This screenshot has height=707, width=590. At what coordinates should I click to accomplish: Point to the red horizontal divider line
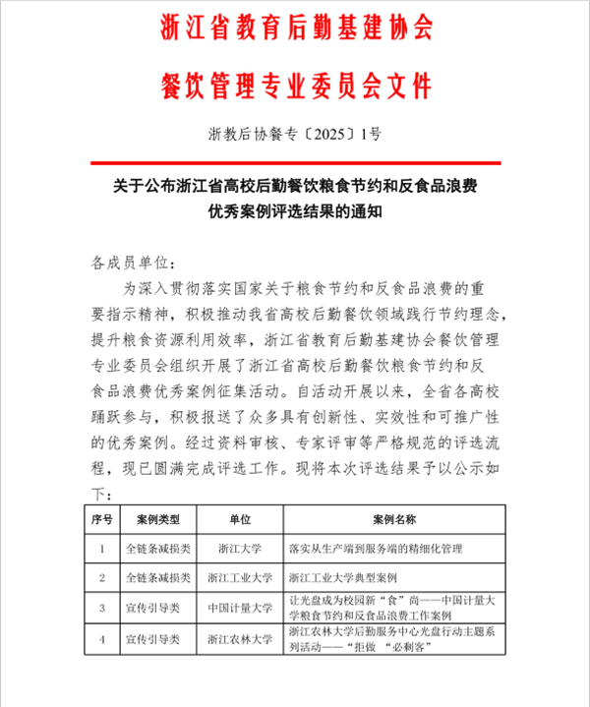295,162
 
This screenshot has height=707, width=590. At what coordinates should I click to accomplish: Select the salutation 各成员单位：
135,265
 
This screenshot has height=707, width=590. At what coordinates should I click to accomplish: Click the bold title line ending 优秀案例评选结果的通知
295,209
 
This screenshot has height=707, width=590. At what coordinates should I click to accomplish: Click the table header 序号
102,518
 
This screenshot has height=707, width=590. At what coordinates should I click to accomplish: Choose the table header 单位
240,518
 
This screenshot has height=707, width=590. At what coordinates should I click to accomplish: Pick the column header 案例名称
394,518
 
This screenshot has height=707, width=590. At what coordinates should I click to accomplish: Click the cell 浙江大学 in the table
240,548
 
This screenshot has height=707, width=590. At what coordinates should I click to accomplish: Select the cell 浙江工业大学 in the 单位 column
240,578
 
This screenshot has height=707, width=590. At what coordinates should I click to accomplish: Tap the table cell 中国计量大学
240,609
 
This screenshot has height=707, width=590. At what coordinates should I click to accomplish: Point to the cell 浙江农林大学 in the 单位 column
240,639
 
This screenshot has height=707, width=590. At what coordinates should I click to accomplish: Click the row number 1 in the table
102,548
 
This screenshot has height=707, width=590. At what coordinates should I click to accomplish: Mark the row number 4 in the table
102,639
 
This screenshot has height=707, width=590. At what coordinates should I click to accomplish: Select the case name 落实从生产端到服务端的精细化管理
367,548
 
